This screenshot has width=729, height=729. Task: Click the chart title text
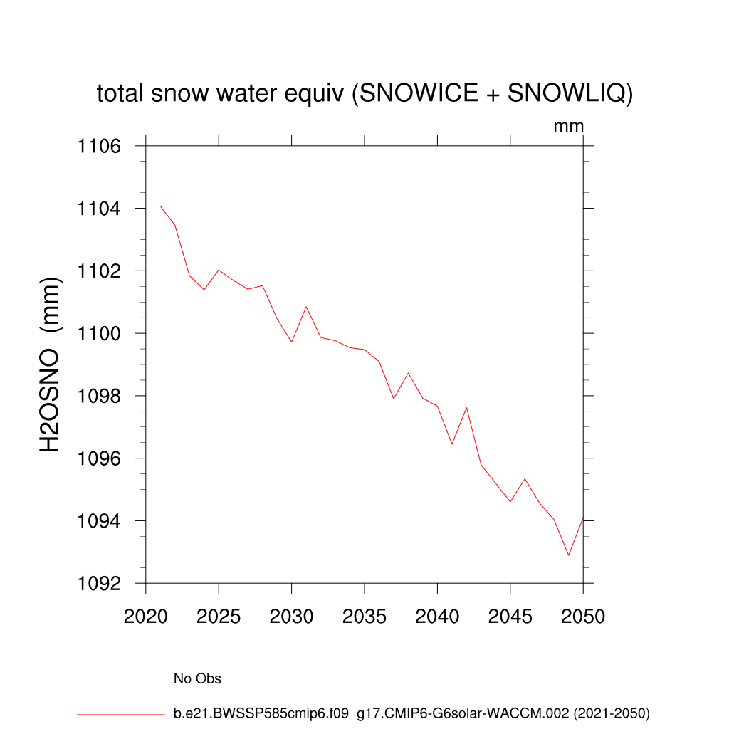pos(364,93)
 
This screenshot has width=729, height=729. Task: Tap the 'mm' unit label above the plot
pos(569,127)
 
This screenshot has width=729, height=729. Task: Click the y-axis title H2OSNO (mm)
pos(51,364)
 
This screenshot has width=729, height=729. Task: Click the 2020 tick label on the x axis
pos(145,617)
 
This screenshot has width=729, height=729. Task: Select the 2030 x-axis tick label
pos(291,617)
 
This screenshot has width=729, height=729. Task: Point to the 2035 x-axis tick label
pos(364,617)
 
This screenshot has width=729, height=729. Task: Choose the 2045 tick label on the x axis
pos(510,617)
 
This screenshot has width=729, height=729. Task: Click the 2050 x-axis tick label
pos(582,617)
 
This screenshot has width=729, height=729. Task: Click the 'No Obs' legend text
pos(197,678)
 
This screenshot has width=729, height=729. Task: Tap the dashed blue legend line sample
pos(120,678)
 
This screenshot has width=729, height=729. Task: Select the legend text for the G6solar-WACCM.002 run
pos(411,713)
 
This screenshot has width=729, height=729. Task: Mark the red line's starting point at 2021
pos(160,206)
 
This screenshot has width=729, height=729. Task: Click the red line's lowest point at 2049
pos(568,555)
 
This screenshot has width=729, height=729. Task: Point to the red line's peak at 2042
pos(466,407)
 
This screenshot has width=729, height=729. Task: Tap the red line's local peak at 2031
pos(306,307)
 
